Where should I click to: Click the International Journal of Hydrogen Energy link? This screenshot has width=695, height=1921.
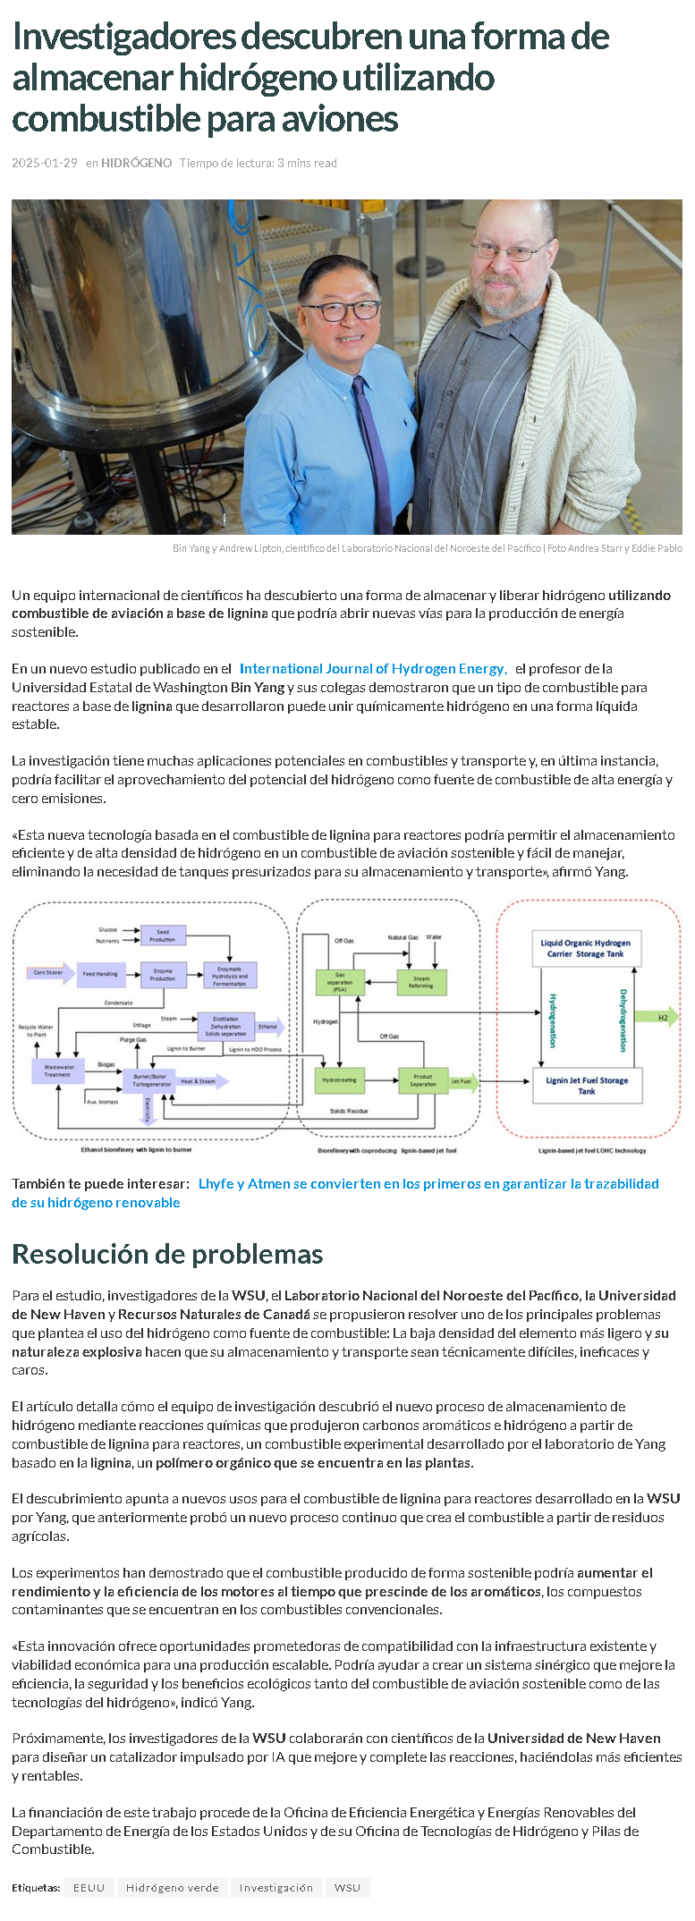pos(372,668)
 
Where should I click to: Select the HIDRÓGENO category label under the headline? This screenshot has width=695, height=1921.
pos(136,163)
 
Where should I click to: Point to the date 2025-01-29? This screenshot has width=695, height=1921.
pos(45,163)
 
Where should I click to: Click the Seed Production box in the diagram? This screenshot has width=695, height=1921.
pos(163,935)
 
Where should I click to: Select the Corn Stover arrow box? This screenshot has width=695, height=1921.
pos(50,973)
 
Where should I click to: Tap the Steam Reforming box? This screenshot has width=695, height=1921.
pos(420,982)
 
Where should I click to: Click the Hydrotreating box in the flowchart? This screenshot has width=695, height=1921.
pos(339,1080)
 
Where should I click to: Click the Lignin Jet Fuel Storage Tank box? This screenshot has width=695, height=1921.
pos(587,1085)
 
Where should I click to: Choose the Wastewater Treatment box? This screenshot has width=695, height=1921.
pos(59,1070)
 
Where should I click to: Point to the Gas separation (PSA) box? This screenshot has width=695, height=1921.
pos(340,982)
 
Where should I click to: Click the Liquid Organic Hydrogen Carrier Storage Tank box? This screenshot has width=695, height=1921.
pos(586,948)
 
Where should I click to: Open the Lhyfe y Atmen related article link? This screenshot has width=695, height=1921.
pos(428,1183)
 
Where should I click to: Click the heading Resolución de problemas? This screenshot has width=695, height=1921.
pos(167,1254)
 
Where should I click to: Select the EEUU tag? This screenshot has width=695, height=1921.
pos(89,1887)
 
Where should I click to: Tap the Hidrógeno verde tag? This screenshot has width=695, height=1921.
pos(172,1887)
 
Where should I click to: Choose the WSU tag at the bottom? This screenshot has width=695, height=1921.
pos(347,1887)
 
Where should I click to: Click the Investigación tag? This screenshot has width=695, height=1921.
pos(275,1887)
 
